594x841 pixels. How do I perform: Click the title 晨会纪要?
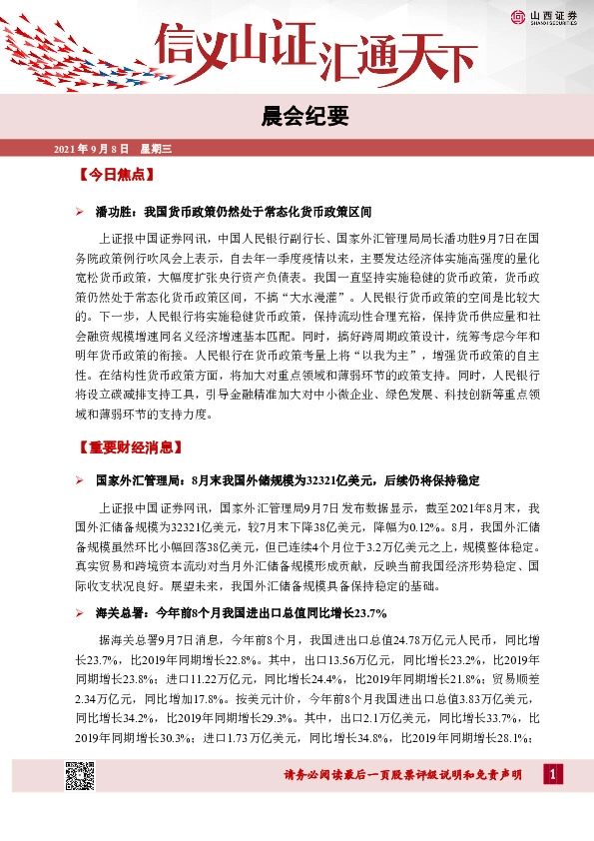pos(297,118)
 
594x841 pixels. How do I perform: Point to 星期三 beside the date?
pos(157,149)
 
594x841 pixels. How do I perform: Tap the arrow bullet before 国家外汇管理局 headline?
pos(81,480)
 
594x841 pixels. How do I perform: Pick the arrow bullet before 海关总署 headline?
pos(81,612)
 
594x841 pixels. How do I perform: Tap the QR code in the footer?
pos(80,775)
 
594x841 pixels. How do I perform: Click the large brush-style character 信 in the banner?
pos(188,45)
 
